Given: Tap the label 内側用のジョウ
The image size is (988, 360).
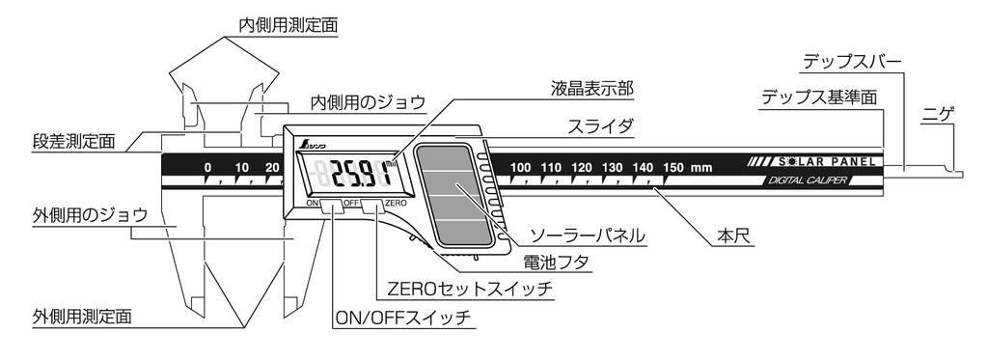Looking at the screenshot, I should (x=368, y=101).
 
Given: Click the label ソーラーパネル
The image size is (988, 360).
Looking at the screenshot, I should (x=580, y=235).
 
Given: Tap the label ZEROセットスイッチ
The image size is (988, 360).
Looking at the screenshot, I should (x=469, y=287).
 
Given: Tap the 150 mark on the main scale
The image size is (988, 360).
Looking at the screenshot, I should (x=672, y=168).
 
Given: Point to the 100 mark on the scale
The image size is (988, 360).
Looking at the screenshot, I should (x=522, y=168).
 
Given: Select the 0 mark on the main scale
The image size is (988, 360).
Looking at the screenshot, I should (x=208, y=168).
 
